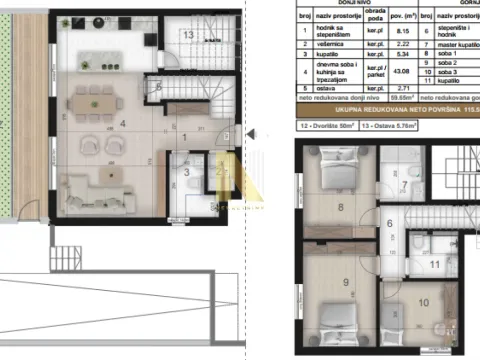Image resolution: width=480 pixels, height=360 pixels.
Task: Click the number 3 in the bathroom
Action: tap(186, 172)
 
